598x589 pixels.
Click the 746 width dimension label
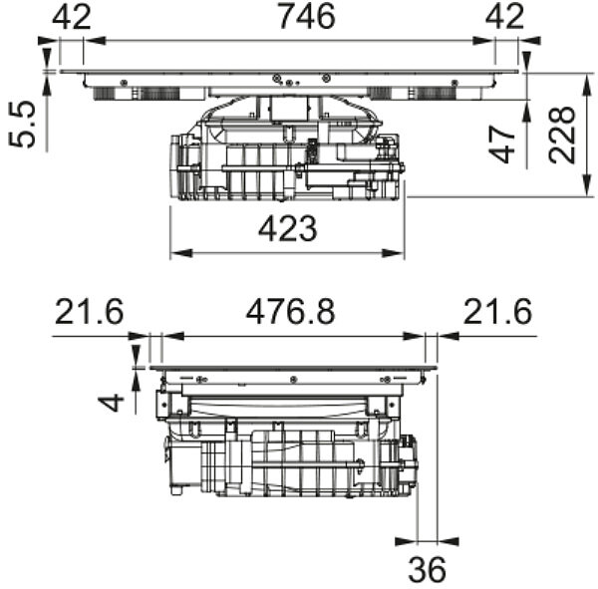click(x=307, y=16)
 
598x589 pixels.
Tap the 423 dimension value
click(x=288, y=229)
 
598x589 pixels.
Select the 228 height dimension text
click(x=562, y=135)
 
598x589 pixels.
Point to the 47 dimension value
click(x=502, y=145)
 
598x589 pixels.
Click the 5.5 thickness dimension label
click(x=22, y=124)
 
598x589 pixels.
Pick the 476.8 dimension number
click(x=291, y=312)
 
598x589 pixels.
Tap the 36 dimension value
click(x=427, y=569)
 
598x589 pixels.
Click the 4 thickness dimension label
click(x=111, y=404)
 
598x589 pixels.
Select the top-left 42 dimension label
click(x=72, y=17)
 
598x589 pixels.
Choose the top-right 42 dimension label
click(x=504, y=17)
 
